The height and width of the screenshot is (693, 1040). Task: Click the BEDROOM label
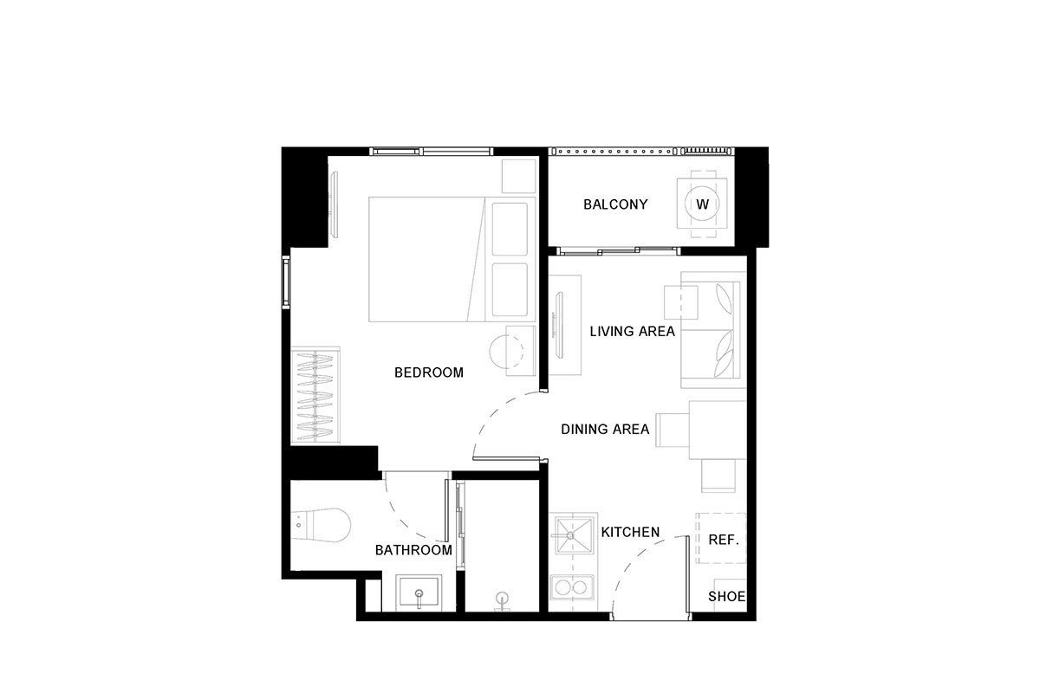(428, 372)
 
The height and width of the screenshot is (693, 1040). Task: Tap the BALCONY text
(615, 204)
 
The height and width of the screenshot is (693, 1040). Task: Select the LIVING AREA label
(633, 332)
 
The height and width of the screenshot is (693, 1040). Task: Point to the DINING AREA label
(605, 430)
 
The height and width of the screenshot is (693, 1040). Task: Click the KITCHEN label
(630, 532)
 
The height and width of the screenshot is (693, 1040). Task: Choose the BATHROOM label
(413, 550)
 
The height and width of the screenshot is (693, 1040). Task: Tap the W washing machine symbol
(702, 204)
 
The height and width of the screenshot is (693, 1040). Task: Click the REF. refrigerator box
(720, 539)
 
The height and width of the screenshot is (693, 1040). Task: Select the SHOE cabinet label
(726, 596)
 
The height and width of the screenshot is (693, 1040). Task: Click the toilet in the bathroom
(321, 526)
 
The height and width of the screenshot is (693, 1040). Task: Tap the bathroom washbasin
(419, 593)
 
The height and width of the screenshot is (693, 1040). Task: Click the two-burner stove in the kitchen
(571, 587)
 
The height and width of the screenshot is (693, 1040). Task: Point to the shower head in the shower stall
(502, 599)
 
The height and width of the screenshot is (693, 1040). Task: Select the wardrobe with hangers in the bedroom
(315, 395)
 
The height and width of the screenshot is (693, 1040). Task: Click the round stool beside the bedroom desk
(506, 352)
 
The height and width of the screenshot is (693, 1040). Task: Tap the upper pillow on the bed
(510, 229)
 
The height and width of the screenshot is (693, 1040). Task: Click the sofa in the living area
(713, 329)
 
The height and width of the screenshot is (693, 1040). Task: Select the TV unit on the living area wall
(564, 325)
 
